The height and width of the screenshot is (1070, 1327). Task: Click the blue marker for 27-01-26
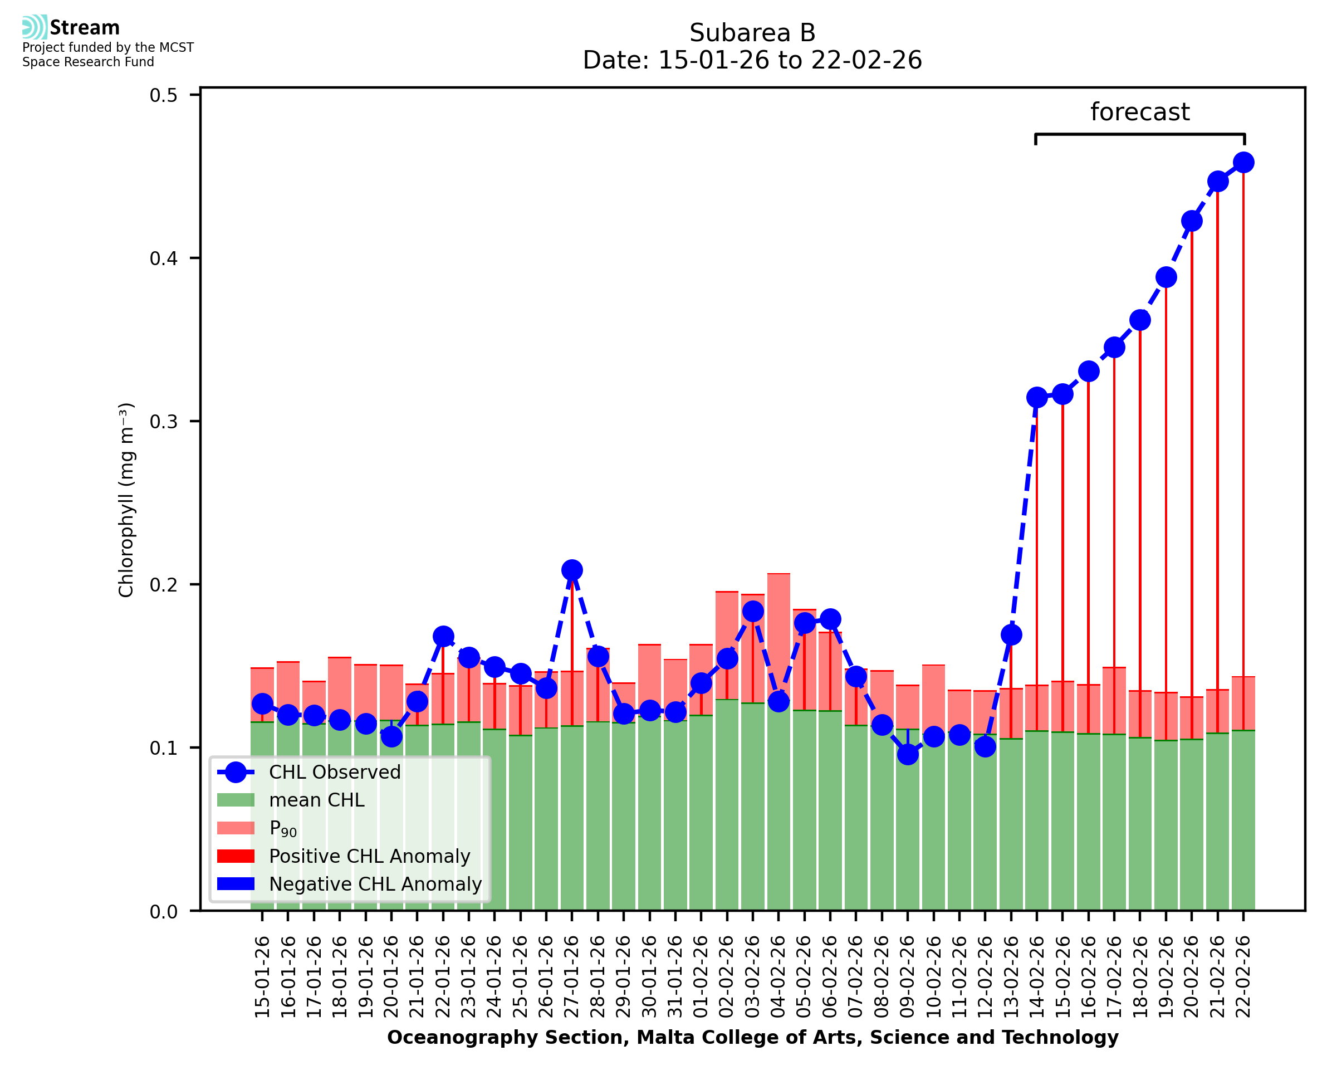[x=572, y=570]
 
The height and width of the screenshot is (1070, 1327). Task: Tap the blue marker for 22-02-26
[x=1243, y=163]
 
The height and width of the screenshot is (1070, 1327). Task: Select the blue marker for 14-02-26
[x=1037, y=398]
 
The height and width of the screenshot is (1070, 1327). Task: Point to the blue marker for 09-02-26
[x=908, y=754]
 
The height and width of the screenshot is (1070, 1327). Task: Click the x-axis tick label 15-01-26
[x=262, y=976]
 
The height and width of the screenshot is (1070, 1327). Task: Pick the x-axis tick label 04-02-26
[x=778, y=976]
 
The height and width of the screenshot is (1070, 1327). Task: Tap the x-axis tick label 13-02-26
[x=1011, y=976]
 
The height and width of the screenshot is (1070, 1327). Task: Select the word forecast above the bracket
[x=1140, y=112]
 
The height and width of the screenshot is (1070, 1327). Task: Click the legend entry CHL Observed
[x=335, y=773]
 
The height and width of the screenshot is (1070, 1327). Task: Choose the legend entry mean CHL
[x=317, y=800]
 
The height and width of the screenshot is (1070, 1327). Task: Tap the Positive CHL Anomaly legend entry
[x=370, y=856]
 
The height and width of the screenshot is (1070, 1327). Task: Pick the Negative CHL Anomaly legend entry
[x=375, y=884]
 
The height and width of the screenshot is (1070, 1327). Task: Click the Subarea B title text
[x=752, y=33]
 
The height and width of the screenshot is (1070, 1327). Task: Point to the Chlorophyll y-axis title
[x=126, y=500]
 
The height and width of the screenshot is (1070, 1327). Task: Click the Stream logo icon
[x=35, y=27]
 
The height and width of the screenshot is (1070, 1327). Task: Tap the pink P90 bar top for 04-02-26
[x=778, y=574]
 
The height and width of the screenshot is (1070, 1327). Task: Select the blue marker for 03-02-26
[x=753, y=612]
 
